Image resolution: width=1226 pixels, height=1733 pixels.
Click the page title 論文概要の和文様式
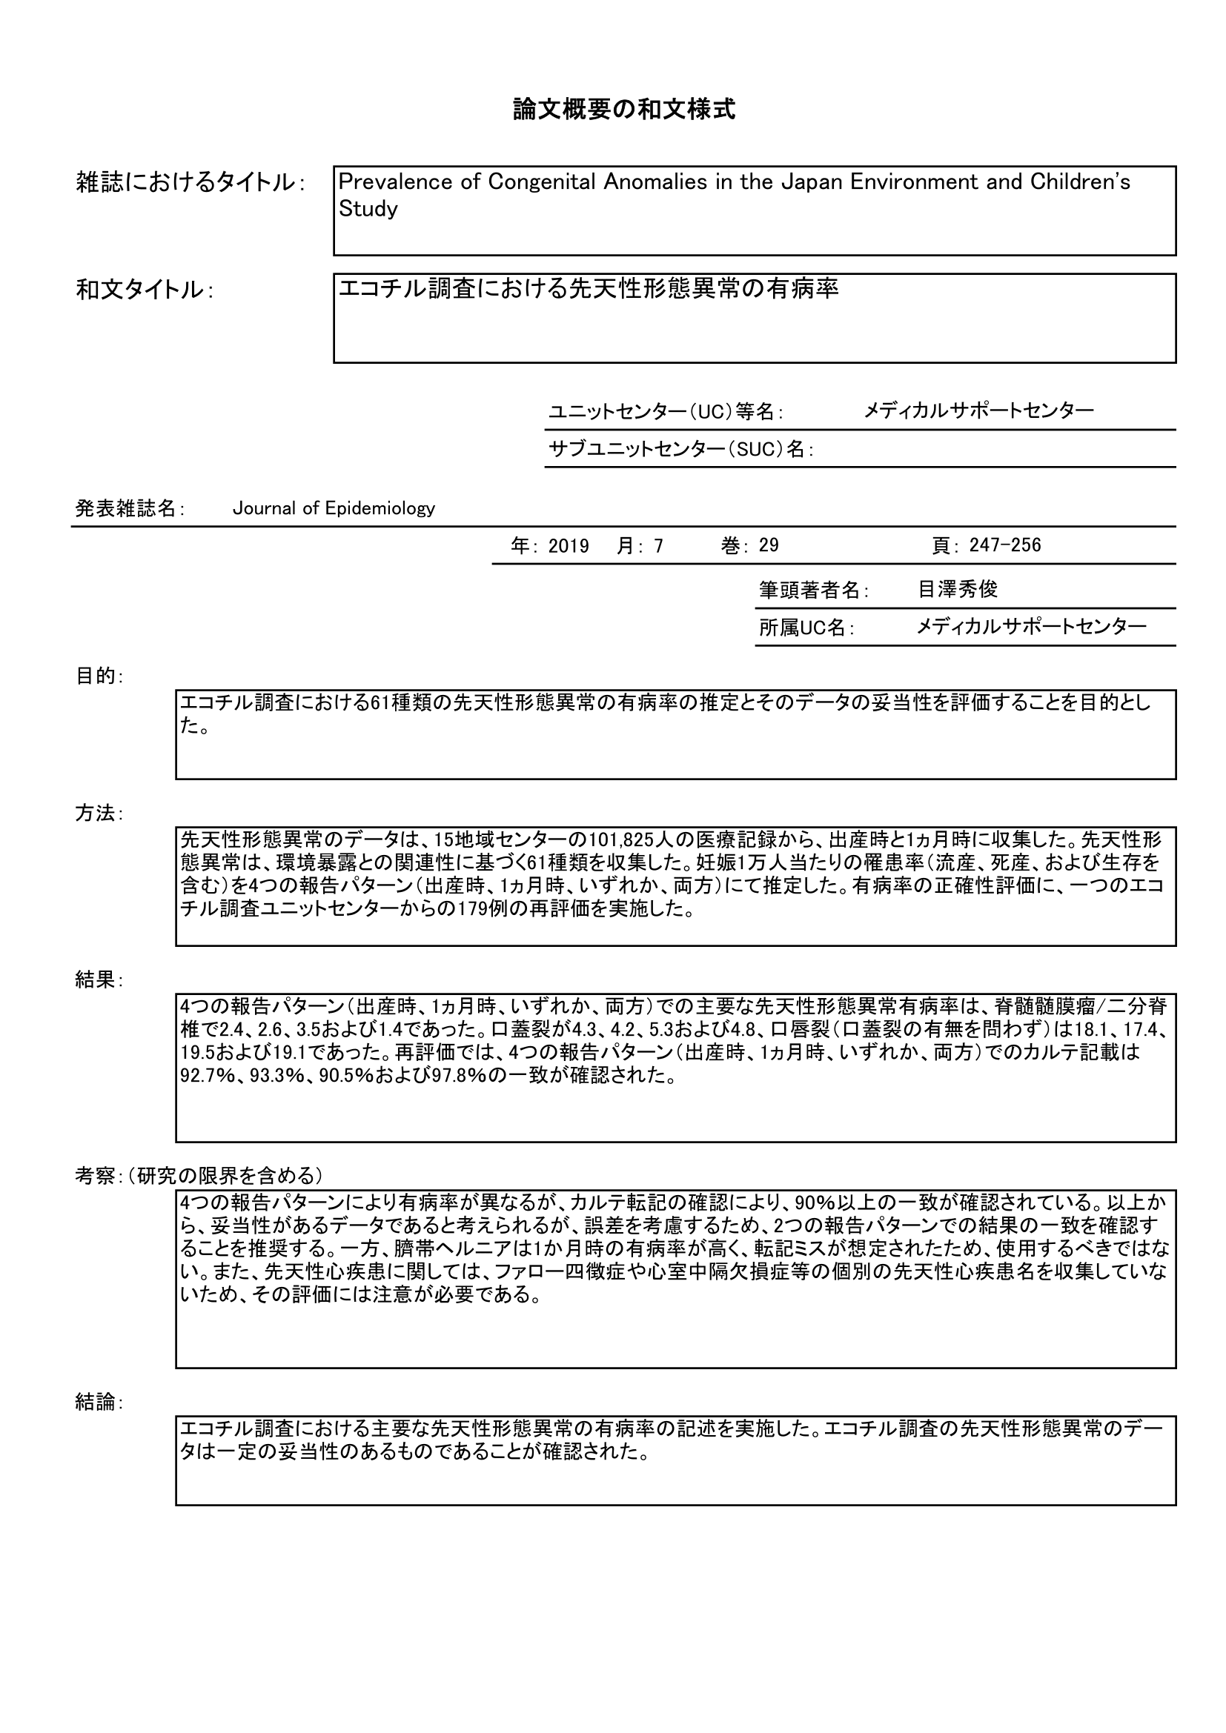tap(623, 110)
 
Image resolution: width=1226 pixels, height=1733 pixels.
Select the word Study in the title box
tap(368, 209)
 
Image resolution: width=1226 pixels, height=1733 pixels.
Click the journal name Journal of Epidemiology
tap(334, 509)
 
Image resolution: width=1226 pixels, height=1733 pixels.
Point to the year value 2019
tap(569, 546)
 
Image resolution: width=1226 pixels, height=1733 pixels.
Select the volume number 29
tap(769, 546)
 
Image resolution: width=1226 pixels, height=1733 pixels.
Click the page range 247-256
tap(1005, 545)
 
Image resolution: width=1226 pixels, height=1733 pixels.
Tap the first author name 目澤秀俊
tap(957, 590)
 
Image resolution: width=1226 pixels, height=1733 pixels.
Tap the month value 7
tap(658, 547)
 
